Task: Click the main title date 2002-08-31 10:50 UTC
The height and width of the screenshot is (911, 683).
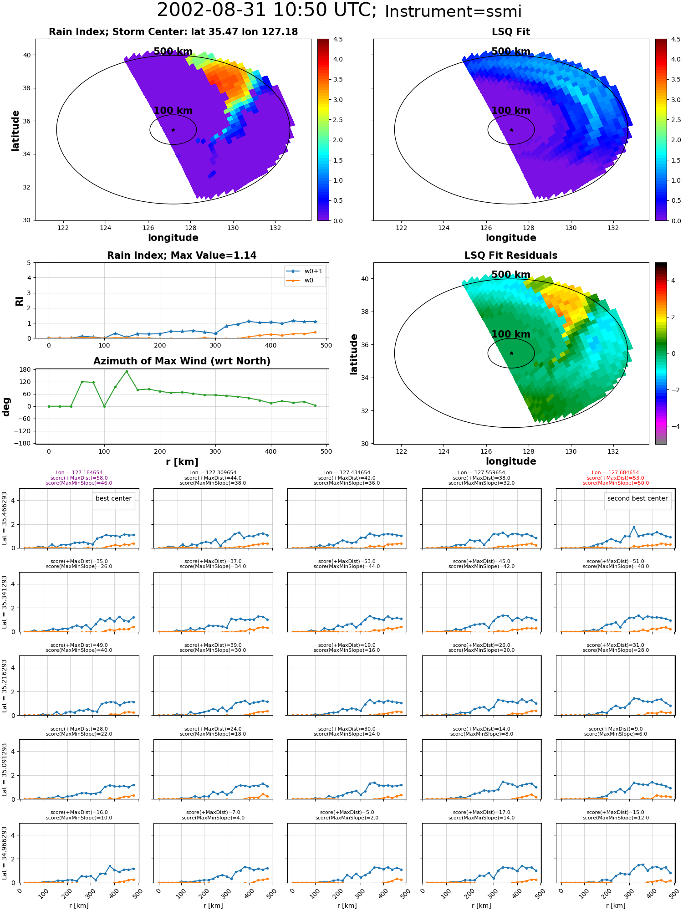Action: click(x=267, y=10)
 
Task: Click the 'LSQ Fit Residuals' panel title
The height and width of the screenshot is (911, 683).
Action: click(x=511, y=256)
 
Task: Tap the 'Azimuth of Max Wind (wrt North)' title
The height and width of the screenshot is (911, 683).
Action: click(x=182, y=361)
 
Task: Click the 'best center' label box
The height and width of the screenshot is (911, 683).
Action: click(x=113, y=499)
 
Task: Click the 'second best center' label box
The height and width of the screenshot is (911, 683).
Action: click(x=637, y=499)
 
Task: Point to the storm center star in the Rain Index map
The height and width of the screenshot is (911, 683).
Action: click(x=173, y=130)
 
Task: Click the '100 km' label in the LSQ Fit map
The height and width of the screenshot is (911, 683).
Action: click(x=511, y=111)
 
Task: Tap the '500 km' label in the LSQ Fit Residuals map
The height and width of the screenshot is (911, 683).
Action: click(x=511, y=275)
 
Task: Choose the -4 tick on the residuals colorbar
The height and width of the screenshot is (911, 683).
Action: click(x=673, y=426)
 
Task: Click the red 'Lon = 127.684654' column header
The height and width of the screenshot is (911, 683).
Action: click(x=616, y=473)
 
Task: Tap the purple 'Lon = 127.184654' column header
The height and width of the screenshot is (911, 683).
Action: click(x=79, y=473)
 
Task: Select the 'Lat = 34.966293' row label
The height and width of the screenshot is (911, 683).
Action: click(x=5, y=853)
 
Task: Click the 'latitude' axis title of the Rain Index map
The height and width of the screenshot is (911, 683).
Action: click(x=15, y=130)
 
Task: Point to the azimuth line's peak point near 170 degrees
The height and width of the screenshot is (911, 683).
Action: click(x=127, y=372)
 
